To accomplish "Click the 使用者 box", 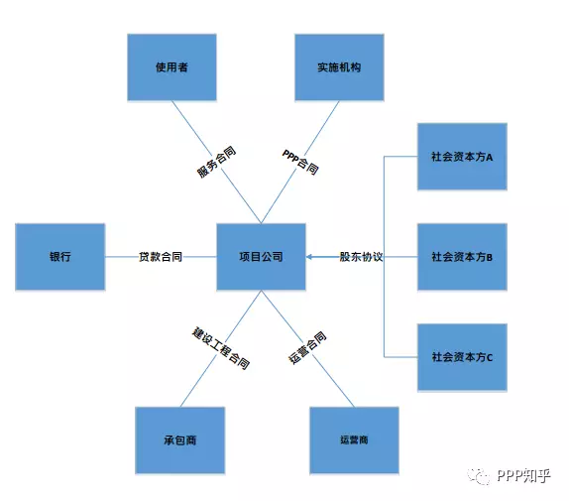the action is [172, 67].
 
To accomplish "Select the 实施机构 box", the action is [339, 67].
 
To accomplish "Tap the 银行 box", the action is [60, 257].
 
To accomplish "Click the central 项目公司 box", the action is [262, 257].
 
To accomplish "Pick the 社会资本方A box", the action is [462, 157].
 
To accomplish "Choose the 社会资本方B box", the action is [462, 257].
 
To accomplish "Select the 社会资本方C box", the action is [462, 357].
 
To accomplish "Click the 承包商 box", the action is [180, 440].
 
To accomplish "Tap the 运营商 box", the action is [354, 440].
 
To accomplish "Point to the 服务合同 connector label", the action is [217, 162].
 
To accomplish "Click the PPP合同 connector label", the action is [300, 162].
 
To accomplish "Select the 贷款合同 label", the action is [161, 257].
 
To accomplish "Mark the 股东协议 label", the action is [361, 257].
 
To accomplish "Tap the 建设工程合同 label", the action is [221, 348].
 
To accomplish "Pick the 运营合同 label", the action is [307, 348].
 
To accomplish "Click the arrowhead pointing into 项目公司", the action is [309, 257].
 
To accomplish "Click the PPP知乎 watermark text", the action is [523, 475].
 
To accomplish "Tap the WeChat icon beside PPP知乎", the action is [479, 476].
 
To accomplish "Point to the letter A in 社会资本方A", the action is [489, 157].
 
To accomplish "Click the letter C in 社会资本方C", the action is [489, 358].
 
